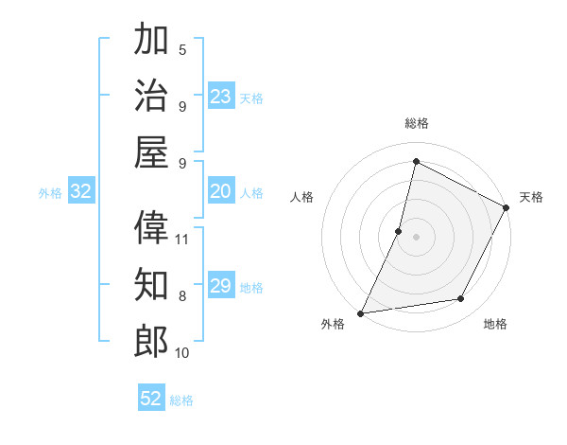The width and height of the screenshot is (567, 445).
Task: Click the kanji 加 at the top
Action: [151, 41]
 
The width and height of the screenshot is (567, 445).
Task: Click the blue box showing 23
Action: [221, 97]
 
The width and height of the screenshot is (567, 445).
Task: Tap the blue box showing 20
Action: [221, 192]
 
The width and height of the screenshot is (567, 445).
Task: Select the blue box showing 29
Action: [221, 286]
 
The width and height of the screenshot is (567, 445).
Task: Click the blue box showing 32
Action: [81, 192]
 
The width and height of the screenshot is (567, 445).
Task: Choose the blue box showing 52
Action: [151, 399]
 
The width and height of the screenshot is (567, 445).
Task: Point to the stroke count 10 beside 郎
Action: [182, 353]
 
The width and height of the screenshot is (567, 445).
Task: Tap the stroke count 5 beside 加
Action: [182, 49]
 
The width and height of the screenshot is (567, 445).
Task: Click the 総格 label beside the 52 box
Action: [181, 400]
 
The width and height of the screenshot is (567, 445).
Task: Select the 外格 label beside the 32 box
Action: [50, 193]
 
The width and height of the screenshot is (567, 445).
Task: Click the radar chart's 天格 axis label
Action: [531, 197]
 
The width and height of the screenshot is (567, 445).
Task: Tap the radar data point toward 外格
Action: [360, 312]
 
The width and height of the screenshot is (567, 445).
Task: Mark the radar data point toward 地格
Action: [461, 299]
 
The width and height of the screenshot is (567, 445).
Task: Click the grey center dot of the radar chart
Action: [416, 236]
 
